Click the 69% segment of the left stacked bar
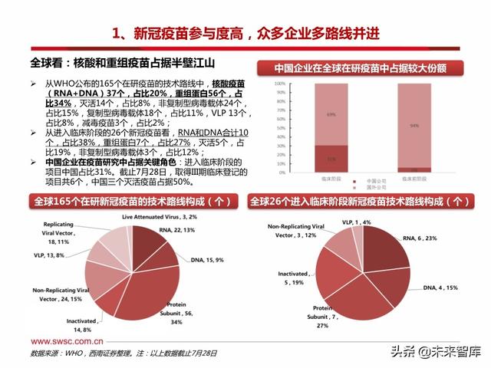309,115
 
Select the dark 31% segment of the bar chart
309,159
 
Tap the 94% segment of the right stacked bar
414,125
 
